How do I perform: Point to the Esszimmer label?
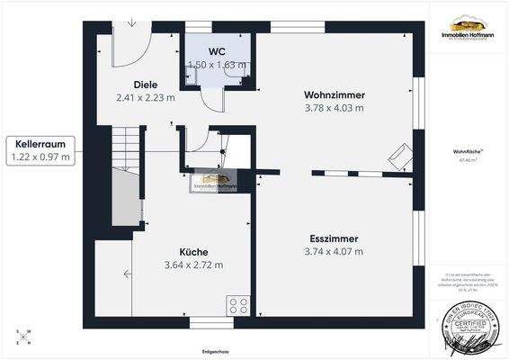pos(333,238)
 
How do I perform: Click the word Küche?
pos(193,252)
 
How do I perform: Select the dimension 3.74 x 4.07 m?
pos(333,252)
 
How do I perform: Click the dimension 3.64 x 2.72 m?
pos(193,265)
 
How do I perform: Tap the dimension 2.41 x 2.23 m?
pos(146,97)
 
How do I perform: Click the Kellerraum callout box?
pos(40,150)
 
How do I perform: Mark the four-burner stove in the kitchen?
pos(239,303)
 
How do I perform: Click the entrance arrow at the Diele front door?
pos(131,22)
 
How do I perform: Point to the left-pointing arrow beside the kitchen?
pos(129,274)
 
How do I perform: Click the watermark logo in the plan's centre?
pos(213,183)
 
